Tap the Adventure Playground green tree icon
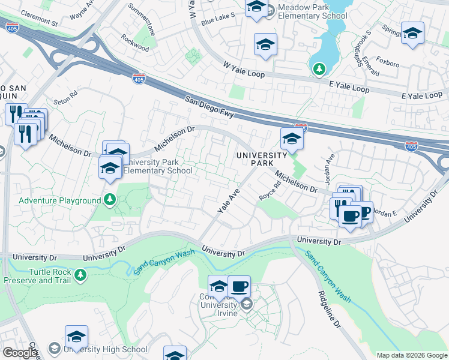point(110,199)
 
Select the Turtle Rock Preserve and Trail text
point(37,276)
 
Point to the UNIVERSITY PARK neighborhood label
point(261,159)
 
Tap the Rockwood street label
point(134,46)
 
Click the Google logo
point(20,353)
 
